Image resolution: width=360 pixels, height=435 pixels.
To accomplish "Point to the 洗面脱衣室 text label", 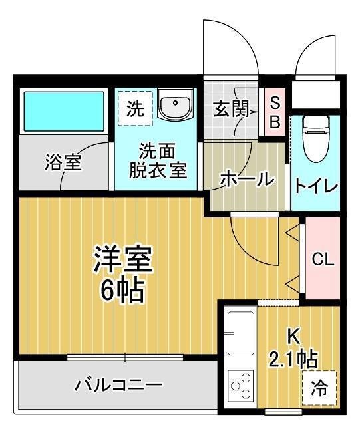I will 158,160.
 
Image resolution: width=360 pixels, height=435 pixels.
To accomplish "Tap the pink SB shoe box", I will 275,112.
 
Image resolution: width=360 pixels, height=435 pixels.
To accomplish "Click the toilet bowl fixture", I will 314,136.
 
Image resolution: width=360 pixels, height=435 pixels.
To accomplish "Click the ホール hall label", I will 246,178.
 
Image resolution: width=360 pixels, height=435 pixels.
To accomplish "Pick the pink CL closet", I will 323,259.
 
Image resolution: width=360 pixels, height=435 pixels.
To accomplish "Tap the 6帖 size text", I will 122,291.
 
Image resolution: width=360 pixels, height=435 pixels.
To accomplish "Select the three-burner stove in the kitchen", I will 241,385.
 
